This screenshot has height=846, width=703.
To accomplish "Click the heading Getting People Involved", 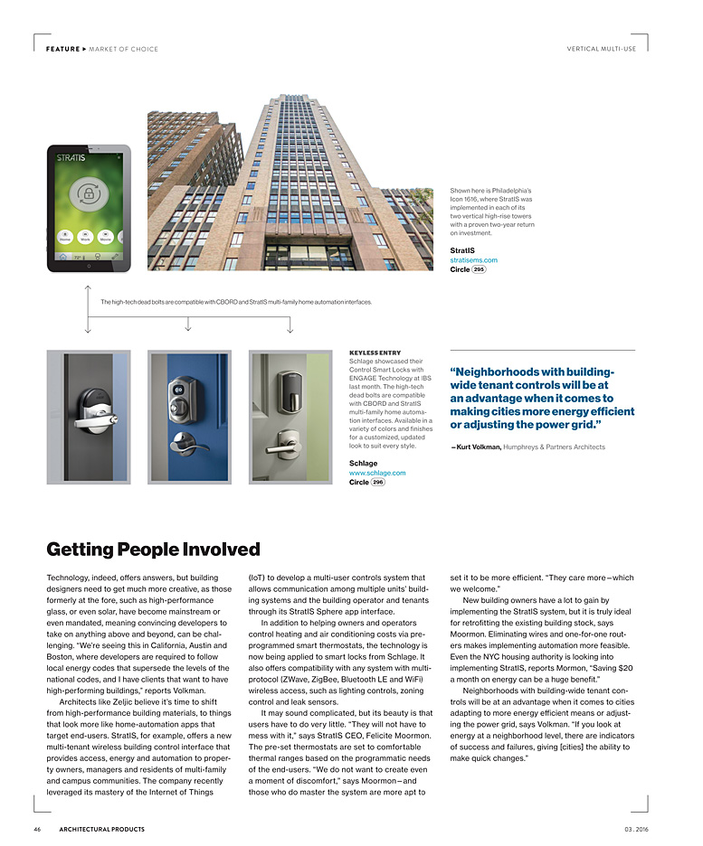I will pos(153,550).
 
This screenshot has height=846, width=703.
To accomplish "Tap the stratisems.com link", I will pos(473,260).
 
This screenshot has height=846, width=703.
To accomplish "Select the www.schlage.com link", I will pos(377,473).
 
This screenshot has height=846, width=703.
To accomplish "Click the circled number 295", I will pos(480,269).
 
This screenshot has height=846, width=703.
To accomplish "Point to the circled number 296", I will pos(378,483).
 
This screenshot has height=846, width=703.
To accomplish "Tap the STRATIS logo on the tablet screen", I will pos(71,158).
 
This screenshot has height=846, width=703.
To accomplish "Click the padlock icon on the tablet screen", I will pos(88,193).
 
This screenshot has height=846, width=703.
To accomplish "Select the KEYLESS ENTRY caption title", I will pos(375,352).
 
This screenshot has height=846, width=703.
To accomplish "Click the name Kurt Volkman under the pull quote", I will pos(477,446).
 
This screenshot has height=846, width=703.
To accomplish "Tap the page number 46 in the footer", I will pos(37,830).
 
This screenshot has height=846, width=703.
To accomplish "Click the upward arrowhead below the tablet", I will pos(88,288).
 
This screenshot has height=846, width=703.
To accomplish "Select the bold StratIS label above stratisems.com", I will pos(462,250).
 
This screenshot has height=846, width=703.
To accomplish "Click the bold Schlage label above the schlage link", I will pos(363,463).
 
